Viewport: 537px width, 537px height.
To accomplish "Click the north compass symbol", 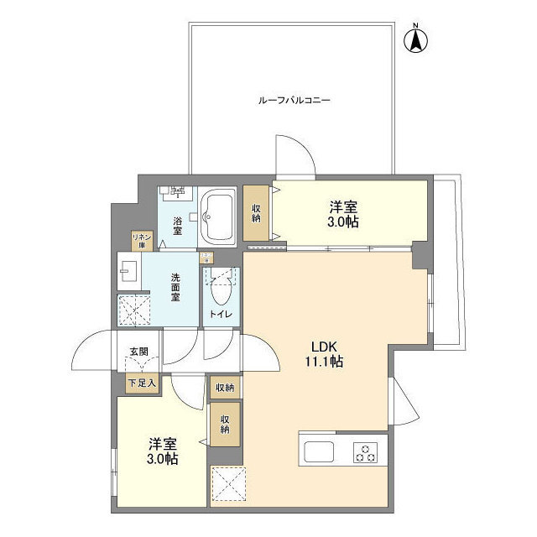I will (415, 39).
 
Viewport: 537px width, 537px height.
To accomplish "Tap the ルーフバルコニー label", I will (294, 101).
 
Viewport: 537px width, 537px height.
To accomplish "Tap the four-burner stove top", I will (366, 452).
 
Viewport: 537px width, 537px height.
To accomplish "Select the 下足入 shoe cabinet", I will (140, 383).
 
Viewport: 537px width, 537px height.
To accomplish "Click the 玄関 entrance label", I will (139, 352).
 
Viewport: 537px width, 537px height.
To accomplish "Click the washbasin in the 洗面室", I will (128, 271).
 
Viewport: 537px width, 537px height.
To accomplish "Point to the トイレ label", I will (221, 314).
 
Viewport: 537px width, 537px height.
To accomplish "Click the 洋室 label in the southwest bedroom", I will (162, 444).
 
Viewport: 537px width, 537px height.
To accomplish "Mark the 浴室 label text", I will (178, 225).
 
